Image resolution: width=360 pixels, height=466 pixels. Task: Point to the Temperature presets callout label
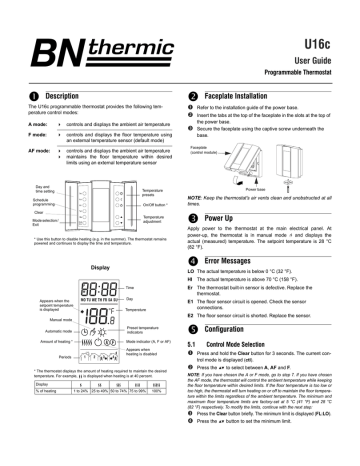point(144,189)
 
